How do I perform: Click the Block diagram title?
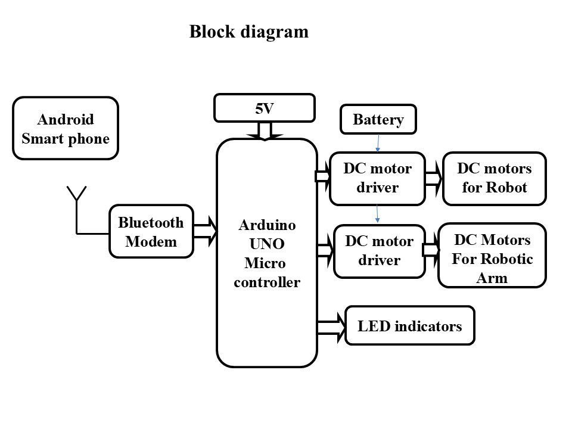[249, 32]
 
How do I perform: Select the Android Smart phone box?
[66, 129]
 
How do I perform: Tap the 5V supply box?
[265, 108]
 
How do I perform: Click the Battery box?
[378, 120]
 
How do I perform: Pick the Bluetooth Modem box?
[151, 232]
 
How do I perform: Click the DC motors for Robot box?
[494, 178]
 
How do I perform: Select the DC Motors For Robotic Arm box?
[492, 255]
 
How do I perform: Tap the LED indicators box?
[410, 326]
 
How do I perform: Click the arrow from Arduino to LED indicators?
[332, 327]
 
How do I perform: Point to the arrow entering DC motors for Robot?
[434, 177]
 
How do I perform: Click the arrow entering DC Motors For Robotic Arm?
[431, 250]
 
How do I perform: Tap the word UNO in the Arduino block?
[266, 244]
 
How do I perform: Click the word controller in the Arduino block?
[266, 282]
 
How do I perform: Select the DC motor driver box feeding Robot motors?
[377, 178]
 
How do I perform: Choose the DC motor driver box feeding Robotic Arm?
[380, 251]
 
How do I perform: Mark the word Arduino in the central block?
[266, 225]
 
